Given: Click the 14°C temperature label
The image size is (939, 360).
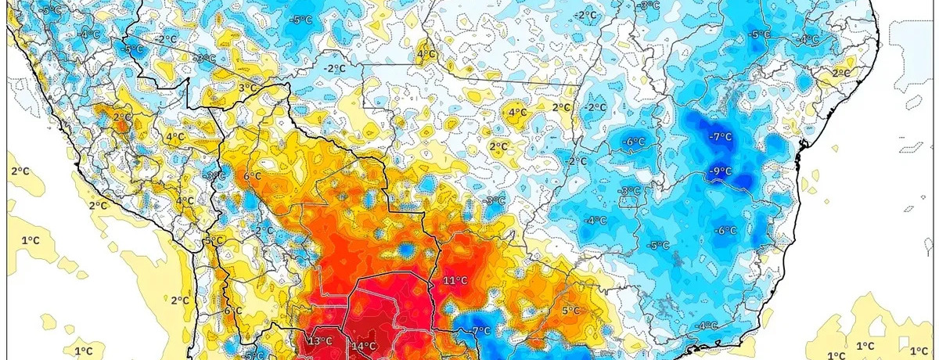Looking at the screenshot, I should pos(364,347).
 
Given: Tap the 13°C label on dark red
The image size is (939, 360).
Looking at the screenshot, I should pos(320,341).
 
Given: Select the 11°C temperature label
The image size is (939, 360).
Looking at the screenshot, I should pos(455,280).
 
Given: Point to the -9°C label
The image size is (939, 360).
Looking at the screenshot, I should pos(720,171).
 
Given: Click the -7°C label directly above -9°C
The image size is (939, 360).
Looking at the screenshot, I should pos(720,137).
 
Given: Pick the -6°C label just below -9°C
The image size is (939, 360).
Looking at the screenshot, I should pos(725,230).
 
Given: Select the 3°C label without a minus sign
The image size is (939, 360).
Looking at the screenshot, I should pos(246,88).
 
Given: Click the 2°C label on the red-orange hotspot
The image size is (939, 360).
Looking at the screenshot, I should pos(121,117).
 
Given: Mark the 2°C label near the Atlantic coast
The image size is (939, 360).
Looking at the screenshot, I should pos(840,73).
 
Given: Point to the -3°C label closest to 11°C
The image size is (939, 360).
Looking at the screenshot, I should pos(495,201).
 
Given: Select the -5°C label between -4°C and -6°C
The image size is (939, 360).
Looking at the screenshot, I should pos(658,245).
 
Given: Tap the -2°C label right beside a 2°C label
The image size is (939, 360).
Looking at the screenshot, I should pos(595,107).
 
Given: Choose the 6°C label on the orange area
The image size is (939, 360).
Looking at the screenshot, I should pos(252,176).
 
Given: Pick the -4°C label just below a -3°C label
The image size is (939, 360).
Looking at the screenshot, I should pos(596,220).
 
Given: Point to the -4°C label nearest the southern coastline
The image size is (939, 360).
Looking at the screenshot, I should pos(707,326).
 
